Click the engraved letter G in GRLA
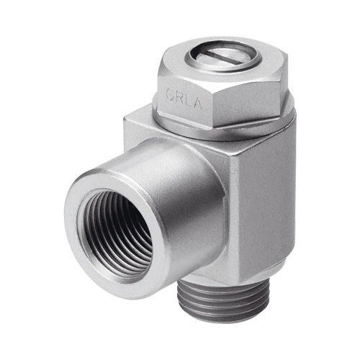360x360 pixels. point(170,94)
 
